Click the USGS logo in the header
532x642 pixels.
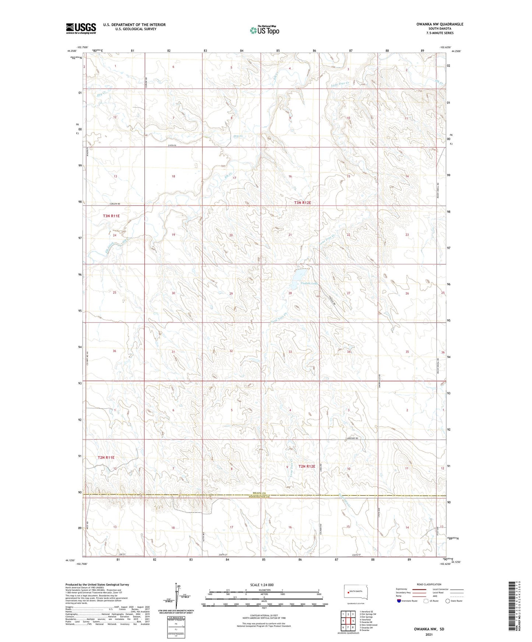click(x=81, y=28)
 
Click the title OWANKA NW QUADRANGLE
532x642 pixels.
click(x=434, y=24)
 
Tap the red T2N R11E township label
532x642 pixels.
click(x=106, y=457)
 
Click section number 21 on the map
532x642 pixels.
click(x=290, y=235)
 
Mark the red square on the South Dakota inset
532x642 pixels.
click(x=348, y=592)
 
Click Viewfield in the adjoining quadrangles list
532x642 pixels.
click(x=366, y=620)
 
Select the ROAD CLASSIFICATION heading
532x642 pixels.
click(x=429, y=584)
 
